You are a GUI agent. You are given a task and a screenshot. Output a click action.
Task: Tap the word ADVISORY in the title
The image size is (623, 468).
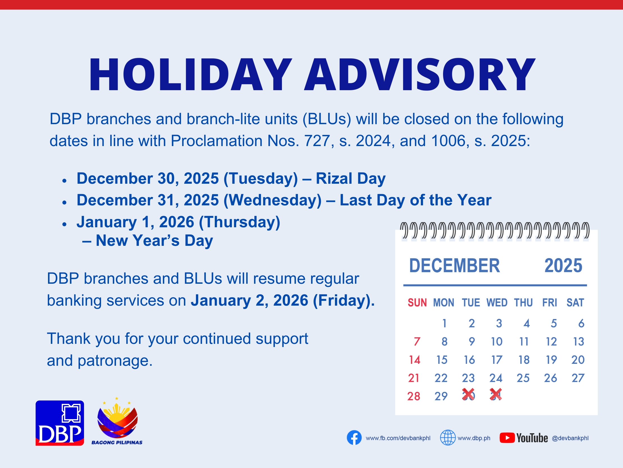[420, 75]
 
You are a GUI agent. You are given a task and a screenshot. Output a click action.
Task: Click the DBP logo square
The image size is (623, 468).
[60, 423]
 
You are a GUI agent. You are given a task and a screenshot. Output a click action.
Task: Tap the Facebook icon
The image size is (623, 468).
[354, 438]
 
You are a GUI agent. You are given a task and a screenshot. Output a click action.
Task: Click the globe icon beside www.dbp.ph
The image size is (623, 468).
[448, 438]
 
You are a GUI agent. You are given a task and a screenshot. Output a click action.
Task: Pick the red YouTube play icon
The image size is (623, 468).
[507, 438]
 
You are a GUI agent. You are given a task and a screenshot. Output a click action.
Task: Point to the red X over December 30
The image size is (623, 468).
[468, 394]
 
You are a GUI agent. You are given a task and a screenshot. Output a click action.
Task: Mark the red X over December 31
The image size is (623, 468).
[496, 394]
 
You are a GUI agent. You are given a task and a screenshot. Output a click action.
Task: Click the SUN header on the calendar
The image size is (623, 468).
[417, 303]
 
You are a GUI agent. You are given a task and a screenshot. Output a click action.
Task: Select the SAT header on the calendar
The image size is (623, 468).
[575, 303]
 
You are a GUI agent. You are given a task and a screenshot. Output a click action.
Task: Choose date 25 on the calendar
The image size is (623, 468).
[523, 378]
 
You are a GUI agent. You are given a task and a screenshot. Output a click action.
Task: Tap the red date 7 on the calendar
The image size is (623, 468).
[417, 342]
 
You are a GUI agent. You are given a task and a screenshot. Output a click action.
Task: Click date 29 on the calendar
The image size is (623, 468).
[441, 396]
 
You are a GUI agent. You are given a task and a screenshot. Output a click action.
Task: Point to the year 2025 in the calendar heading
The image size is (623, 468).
[563, 265]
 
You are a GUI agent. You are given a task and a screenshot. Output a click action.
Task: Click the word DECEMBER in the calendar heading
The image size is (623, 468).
[455, 265]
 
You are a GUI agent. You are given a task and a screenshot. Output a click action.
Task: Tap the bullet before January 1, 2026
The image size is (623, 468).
[65, 224]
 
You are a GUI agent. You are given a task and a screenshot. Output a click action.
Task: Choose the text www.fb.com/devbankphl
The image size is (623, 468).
[398, 438]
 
